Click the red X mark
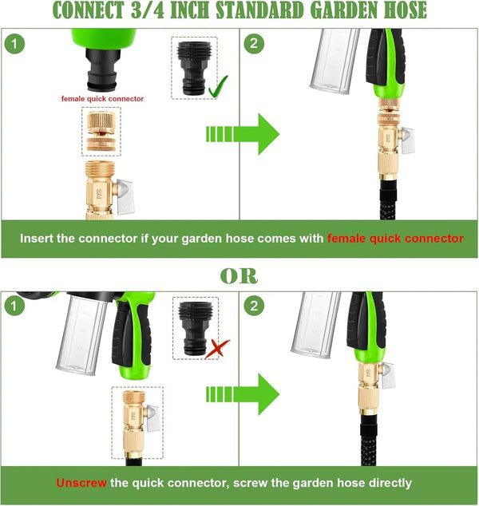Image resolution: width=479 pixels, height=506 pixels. [217, 349]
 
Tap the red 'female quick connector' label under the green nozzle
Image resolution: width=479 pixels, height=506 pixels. [102, 99]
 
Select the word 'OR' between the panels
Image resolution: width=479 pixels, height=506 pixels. [239, 276]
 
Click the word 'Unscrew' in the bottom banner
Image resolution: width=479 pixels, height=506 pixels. [81, 483]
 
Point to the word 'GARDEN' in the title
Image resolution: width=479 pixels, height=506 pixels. [345, 10]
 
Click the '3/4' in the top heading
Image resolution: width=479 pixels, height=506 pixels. [148, 10]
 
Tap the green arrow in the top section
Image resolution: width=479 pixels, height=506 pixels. [243, 134]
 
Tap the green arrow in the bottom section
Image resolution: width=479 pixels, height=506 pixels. [243, 394]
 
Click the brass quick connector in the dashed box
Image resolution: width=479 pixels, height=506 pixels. [101, 132]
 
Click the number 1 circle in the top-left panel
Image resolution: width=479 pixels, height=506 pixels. [14, 44]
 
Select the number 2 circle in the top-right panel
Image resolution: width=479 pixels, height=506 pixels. [254, 44]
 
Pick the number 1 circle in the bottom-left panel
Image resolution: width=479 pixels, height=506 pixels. [14, 306]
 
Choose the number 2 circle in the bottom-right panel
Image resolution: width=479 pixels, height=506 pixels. [254, 306]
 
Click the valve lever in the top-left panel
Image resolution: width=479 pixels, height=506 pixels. [125, 197]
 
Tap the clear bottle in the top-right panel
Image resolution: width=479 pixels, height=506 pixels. [334, 61]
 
